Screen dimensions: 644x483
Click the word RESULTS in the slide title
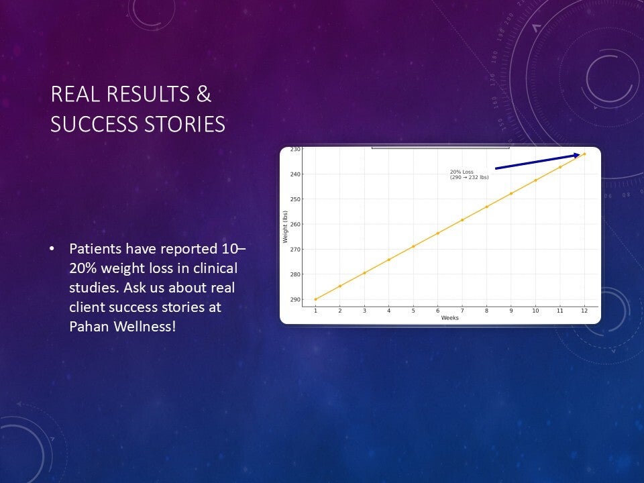coord(148,94)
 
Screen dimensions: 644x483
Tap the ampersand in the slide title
coord(204,94)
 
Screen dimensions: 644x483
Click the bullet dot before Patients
coord(52,249)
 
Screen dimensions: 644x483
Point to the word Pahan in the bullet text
coord(89,326)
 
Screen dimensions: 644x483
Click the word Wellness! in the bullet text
coord(145,326)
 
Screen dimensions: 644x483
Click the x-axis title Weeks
coord(449,318)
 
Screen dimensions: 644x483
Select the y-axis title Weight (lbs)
coord(285,227)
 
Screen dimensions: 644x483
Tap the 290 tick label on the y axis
coord(295,299)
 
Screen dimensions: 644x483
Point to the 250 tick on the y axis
coord(295,199)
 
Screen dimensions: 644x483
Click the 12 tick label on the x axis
coord(584,311)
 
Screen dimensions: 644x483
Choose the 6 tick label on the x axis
coord(438,311)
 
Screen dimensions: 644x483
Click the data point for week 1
coord(315,299)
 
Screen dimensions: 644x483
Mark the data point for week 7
coord(462,220)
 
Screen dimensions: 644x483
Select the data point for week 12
coord(584,154)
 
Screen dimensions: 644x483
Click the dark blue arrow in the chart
coord(537,161)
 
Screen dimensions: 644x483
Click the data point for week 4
coord(389,260)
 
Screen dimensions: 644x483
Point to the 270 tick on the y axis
coord(295,250)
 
